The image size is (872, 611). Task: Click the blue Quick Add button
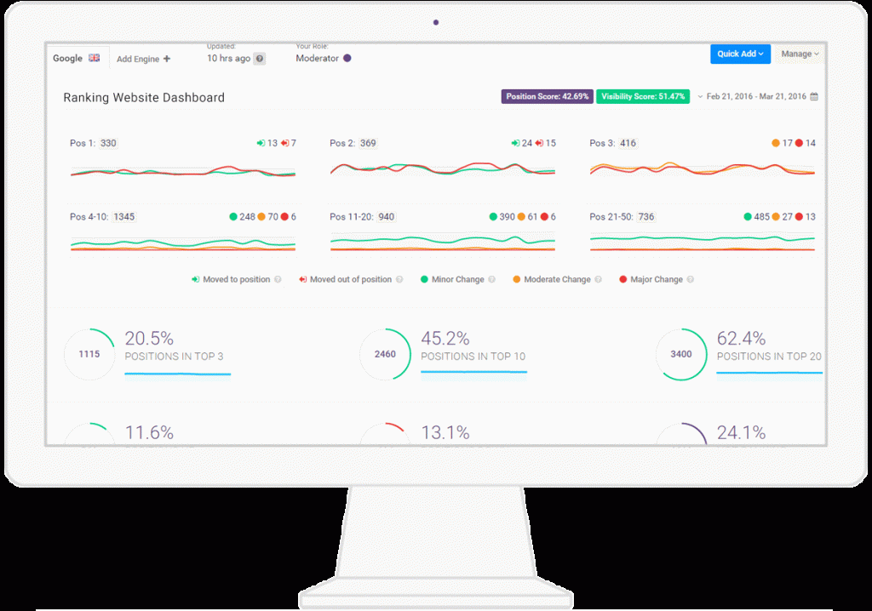740,54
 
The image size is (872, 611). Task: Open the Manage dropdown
800,54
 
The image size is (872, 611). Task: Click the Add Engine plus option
143,59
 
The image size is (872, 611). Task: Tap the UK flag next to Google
95,58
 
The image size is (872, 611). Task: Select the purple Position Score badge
547,96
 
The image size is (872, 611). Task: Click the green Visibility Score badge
643,96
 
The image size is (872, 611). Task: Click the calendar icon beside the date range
814,97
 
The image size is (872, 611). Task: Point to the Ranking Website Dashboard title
144,98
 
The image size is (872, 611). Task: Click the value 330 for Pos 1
108,143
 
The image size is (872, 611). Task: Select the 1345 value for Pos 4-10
124,217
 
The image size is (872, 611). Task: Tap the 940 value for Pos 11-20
386,217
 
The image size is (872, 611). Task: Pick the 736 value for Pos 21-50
646,217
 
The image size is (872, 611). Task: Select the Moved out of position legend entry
345,279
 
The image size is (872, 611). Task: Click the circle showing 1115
89,354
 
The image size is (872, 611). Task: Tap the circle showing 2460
385,354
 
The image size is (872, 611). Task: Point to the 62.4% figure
741,338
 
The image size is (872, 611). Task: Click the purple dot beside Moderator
347,58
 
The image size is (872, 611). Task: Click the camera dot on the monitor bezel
436,23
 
